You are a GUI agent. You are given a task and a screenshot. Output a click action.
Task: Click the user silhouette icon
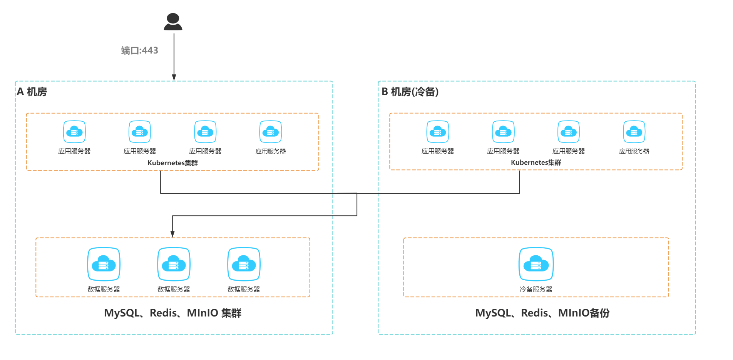pos(173,22)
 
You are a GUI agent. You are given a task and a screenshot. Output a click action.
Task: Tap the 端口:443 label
pos(140,50)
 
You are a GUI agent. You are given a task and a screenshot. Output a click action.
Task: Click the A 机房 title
pos(32,92)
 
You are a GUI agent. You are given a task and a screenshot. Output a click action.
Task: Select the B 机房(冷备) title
pos(410,92)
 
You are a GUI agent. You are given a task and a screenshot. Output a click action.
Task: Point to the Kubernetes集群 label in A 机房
pos(172,163)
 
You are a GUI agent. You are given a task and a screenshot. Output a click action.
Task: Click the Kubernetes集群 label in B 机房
pos(536,162)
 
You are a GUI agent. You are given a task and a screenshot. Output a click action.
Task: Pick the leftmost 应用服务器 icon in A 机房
pos(74,132)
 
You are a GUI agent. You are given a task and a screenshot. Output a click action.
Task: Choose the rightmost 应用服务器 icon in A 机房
pos(271,132)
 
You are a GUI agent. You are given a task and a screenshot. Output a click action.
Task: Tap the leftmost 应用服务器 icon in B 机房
pos(438,132)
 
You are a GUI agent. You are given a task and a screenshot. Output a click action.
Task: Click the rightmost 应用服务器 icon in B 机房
pos(634,132)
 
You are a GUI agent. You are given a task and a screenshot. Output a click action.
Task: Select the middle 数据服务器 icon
pos(174,264)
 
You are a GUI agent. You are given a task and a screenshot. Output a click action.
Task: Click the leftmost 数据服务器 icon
pos(104,264)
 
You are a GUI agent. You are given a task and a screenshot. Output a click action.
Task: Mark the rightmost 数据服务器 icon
pos(244,264)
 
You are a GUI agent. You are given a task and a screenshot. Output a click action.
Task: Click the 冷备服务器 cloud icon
pos(536,264)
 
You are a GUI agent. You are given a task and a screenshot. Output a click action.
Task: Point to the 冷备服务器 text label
pos(536,289)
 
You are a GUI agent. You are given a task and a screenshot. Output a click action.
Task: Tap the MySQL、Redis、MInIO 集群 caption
pos(172,313)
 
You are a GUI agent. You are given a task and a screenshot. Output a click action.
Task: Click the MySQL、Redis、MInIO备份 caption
pos(542,313)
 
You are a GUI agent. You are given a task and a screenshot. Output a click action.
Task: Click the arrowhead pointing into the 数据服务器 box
pos(172,234)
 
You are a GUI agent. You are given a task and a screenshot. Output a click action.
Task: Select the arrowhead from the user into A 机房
pos(174,77)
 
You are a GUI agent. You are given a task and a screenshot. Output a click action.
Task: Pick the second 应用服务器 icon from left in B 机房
pos(503,132)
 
